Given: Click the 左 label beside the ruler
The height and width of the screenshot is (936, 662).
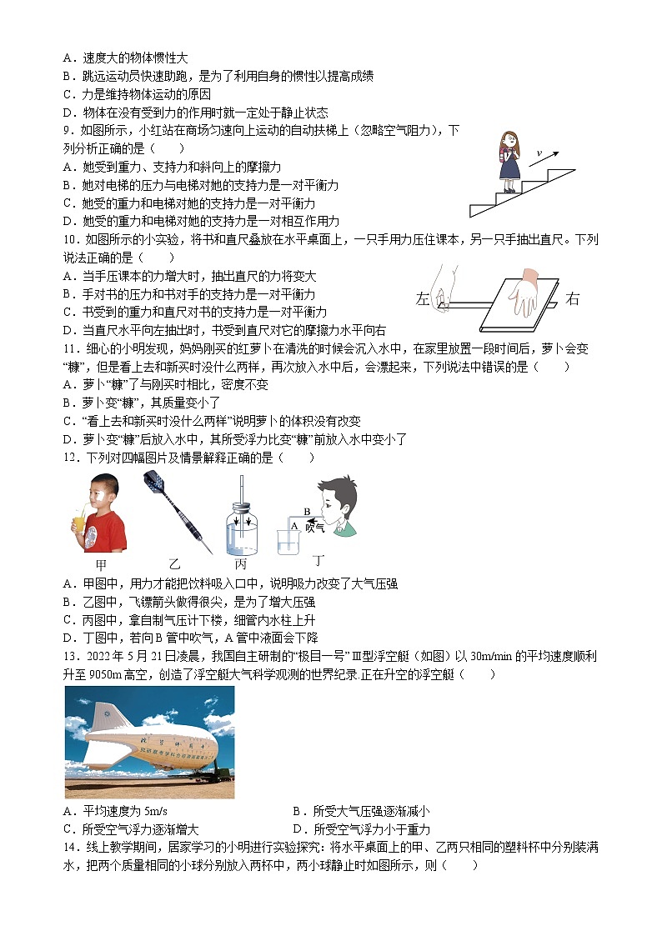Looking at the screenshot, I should (422, 299).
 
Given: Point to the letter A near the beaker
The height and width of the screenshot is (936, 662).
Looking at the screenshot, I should (293, 526).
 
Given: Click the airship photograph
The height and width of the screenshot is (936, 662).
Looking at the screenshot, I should (149, 742).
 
